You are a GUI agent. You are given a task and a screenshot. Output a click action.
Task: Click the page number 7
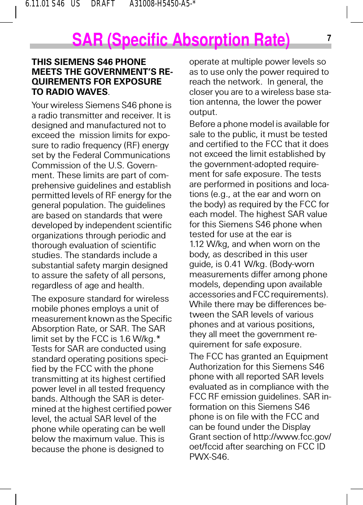click(329, 38)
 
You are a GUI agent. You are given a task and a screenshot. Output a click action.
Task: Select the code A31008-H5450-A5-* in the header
click(162, 4)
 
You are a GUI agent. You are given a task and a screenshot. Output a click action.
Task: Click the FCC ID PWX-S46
click(209, 457)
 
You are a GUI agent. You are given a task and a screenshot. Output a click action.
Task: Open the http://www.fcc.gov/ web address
click(292, 437)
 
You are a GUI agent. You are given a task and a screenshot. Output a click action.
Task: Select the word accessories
click(212, 295)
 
